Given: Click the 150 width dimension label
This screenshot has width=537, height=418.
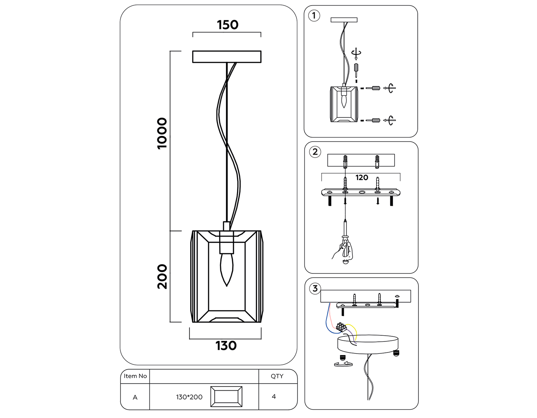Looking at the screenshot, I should pyautogui.click(x=227, y=25).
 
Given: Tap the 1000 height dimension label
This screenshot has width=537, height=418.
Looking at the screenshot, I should pyautogui.click(x=162, y=133).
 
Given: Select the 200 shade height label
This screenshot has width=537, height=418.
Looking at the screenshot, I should pyautogui.click(x=162, y=276).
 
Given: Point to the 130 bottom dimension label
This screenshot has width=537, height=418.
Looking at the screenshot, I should pyautogui.click(x=226, y=346).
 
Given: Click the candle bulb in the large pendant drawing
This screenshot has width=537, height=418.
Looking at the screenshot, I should pyautogui.click(x=226, y=269).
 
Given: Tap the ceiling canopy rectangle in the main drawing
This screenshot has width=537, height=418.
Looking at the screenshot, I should pyautogui.click(x=227, y=57).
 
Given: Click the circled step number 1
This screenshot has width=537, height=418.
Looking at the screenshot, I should pyautogui.click(x=314, y=16).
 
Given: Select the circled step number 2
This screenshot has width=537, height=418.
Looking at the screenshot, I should pyautogui.click(x=315, y=152).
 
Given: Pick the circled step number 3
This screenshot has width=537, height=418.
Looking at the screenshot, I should pyautogui.click(x=315, y=288).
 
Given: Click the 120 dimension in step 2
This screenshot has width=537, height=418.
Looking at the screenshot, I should pyautogui.click(x=362, y=178).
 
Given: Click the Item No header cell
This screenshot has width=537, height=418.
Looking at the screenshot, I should pyautogui.click(x=135, y=376).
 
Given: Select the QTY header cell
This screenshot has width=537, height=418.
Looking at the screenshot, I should pyautogui.click(x=277, y=376).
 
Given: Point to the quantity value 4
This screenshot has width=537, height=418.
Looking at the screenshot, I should pyautogui.click(x=274, y=397).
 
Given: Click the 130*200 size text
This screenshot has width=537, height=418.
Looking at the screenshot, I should pyautogui.click(x=189, y=397).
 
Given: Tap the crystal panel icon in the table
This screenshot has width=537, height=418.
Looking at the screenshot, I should pyautogui.click(x=226, y=397).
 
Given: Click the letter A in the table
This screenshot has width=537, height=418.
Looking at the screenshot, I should pyautogui.click(x=135, y=397).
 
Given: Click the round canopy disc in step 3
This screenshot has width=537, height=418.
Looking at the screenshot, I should pyautogui.click(x=368, y=344).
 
